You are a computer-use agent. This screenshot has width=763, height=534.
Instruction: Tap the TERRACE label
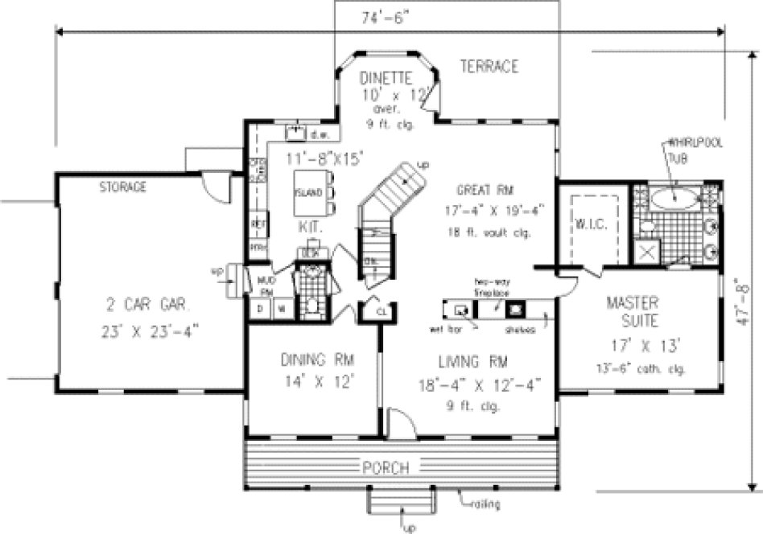tap(489, 67)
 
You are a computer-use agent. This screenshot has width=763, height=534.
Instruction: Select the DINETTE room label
tap(386, 78)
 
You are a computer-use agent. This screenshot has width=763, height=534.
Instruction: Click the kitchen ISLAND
tap(308, 192)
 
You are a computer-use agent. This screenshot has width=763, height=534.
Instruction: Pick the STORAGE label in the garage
tap(122, 187)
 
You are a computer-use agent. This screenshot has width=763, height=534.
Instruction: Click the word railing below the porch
tap(484, 504)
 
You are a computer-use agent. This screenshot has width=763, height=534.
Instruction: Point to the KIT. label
tap(309, 228)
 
